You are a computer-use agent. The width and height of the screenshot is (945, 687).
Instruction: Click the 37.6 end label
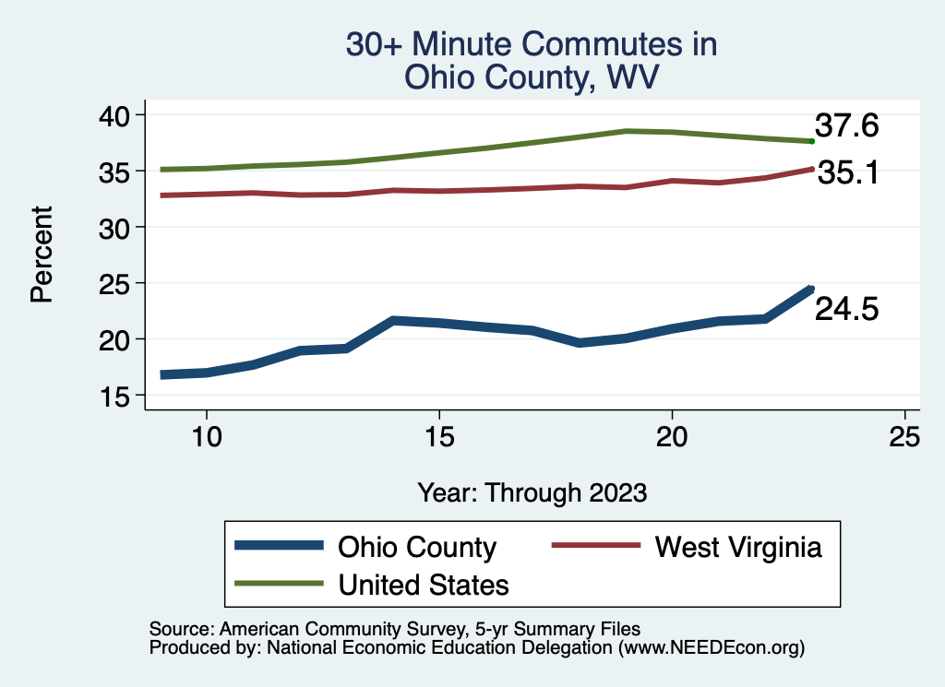845,126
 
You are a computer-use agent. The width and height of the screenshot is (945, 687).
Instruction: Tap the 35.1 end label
845,172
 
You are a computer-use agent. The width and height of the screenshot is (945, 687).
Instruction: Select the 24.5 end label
845,310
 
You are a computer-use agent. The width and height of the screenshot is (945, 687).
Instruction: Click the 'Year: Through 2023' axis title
532,492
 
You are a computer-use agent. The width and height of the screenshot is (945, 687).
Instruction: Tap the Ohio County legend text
417,547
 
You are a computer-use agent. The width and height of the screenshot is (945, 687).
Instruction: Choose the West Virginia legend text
737,547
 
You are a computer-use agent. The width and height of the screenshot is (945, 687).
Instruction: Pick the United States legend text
424,584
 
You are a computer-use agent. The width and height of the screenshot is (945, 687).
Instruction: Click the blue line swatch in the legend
280,546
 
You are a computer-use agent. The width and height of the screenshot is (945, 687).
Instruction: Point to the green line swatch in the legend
280,583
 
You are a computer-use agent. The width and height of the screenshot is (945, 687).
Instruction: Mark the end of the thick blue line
810,290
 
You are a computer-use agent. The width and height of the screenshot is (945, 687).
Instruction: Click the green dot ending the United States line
811,141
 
